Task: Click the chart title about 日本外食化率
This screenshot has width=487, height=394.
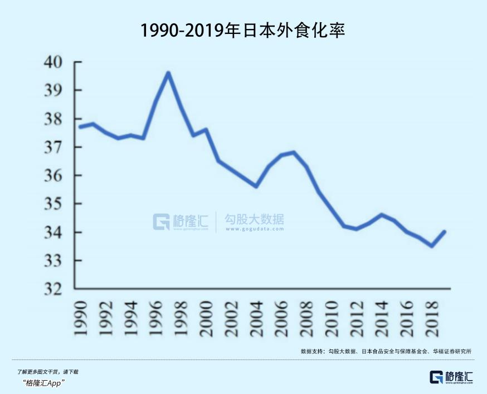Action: pyautogui.click(x=243, y=30)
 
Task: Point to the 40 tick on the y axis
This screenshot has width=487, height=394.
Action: pyautogui.click(x=56, y=62)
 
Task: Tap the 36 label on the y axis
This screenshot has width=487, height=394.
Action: pyautogui.click(x=56, y=175)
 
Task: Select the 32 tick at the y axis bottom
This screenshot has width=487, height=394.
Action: pyautogui.click(x=56, y=289)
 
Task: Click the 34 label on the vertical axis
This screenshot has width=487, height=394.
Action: pyautogui.click(x=56, y=232)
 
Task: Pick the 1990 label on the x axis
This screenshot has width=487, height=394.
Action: pyautogui.click(x=80, y=318)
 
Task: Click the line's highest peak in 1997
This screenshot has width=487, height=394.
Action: pyautogui.click(x=168, y=73)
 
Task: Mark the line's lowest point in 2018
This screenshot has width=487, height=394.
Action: pyautogui.click(x=432, y=245)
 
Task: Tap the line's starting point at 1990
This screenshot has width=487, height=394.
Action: pyautogui.click(x=80, y=127)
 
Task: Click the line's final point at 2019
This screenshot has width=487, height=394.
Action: pyautogui.click(x=444, y=232)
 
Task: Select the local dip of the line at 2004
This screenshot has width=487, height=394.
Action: pyautogui.click(x=256, y=186)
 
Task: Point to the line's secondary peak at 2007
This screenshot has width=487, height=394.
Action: pyautogui.click(x=294, y=152)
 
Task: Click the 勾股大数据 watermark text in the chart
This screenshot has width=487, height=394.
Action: pyautogui.click(x=254, y=219)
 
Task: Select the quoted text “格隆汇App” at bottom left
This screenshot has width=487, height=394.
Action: pyautogui.click(x=45, y=383)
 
